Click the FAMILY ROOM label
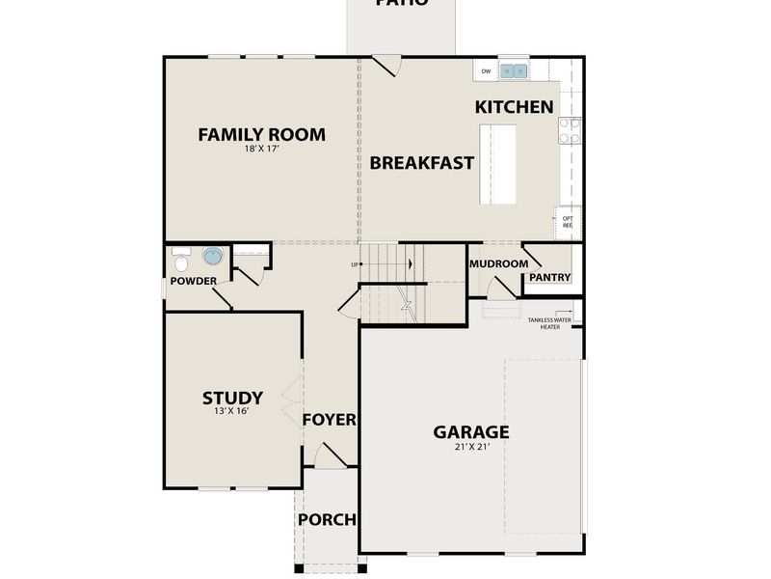pyautogui.click(x=261, y=134)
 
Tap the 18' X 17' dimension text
pyautogui.click(x=261, y=150)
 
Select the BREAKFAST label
pyautogui.click(x=422, y=162)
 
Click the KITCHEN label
pyautogui.click(x=515, y=107)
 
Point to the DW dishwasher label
pyautogui.click(x=486, y=71)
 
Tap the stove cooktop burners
pyautogui.click(x=569, y=130)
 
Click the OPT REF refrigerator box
pyautogui.click(x=567, y=222)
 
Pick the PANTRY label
pyautogui.click(x=549, y=278)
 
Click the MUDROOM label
pyautogui.click(x=498, y=263)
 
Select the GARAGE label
pyautogui.click(x=471, y=431)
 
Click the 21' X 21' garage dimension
pyautogui.click(x=471, y=448)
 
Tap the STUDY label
pyautogui.click(x=232, y=397)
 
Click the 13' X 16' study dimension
pyautogui.click(x=232, y=412)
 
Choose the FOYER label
pyautogui.click(x=330, y=420)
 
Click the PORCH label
pyautogui.click(x=327, y=519)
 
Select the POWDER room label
pyautogui.click(x=194, y=282)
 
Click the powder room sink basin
pyautogui.click(x=212, y=256)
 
